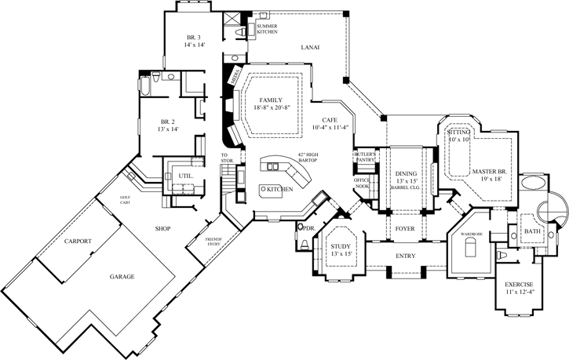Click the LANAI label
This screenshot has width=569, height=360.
(309, 48)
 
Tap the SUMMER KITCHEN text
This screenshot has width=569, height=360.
(268, 28)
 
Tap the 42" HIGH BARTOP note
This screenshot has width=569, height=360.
(308, 157)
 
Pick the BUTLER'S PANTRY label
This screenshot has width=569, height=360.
(366, 157)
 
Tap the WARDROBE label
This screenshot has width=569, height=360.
(470, 234)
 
